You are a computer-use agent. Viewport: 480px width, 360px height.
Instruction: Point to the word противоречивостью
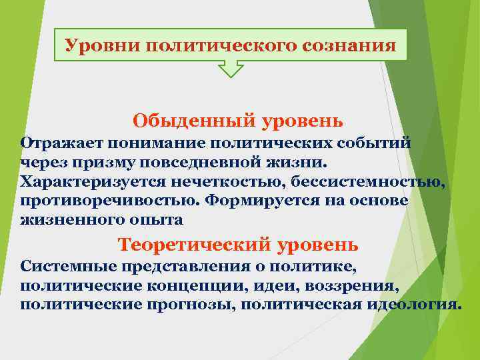(x=110, y=200)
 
